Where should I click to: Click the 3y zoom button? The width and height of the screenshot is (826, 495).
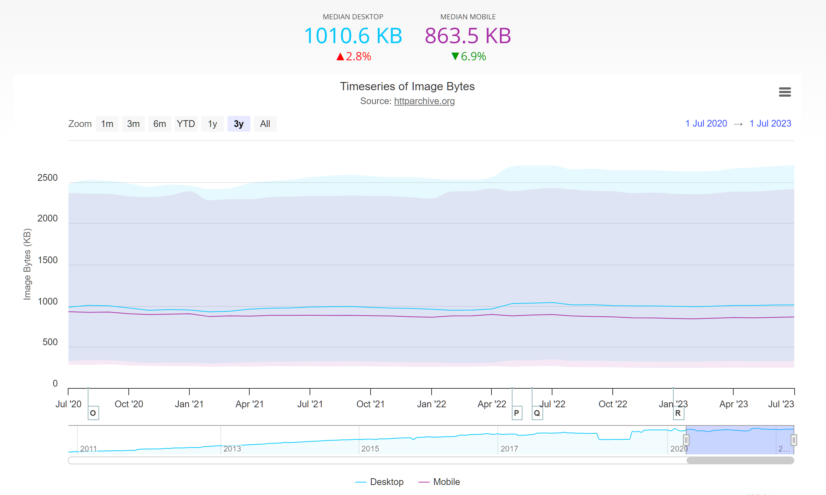[x=239, y=124]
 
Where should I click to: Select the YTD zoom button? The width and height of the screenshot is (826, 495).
[x=186, y=124]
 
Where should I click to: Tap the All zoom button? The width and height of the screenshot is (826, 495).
[x=265, y=124]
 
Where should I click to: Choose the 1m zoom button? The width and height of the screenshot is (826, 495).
[x=107, y=124]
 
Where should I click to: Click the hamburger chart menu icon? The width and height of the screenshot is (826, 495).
[x=785, y=92]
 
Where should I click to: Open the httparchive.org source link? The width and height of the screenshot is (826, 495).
[x=424, y=101]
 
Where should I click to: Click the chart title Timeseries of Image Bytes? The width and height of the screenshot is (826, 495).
[x=407, y=86]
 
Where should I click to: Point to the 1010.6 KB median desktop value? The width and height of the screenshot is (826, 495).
[x=353, y=36]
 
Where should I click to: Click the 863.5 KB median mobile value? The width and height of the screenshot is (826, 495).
[x=468, y=36]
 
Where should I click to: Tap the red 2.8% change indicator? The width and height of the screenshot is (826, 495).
[x=354, y=56]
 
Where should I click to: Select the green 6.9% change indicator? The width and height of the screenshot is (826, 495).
[x=469, y=56]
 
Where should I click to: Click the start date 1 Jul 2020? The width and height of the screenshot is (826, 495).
[x=706, y=123]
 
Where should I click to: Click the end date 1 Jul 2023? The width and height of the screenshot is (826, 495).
[x=770, y=123]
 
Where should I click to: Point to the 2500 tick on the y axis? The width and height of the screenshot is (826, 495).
[x=47, y=178]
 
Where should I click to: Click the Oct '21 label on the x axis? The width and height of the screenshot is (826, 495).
[x=370, y=404]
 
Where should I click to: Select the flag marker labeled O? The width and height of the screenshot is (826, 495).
[x=93, y=413]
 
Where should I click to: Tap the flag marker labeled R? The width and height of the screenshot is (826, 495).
[x=678, y=413]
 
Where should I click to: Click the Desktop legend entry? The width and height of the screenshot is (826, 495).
[x=379, y=482]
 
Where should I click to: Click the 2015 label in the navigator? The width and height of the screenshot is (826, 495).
[x=370, y=449]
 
